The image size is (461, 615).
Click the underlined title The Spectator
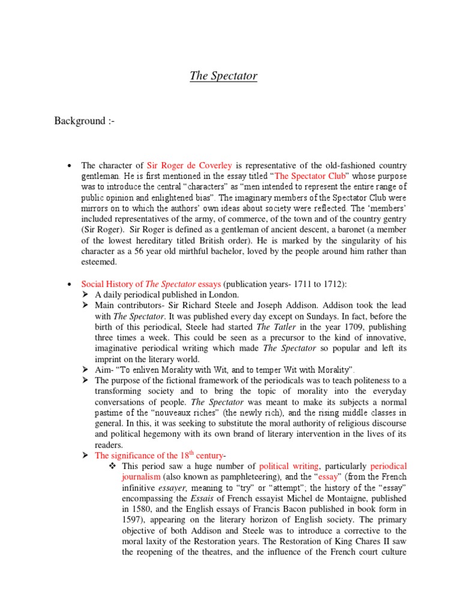(x=223, y=76)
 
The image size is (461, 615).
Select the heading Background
(x=84, y=121)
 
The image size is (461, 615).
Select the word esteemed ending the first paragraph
(x=98, y=262)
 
